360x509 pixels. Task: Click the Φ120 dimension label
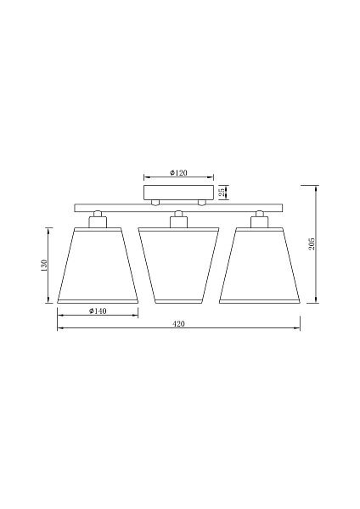(x=178, y=173)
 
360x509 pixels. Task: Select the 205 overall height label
(x=312, y=243)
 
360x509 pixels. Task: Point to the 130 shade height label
(x=44, y=266)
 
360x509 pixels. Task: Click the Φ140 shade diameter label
(x=98, y=311)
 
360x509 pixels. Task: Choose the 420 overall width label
(x=178, y=324)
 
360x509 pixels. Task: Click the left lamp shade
(x=98, y=266)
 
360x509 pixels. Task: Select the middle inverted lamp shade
(x=178, y=266)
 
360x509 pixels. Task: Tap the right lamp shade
(x=259, y=266)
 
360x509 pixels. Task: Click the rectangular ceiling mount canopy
(x=178, y=193)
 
